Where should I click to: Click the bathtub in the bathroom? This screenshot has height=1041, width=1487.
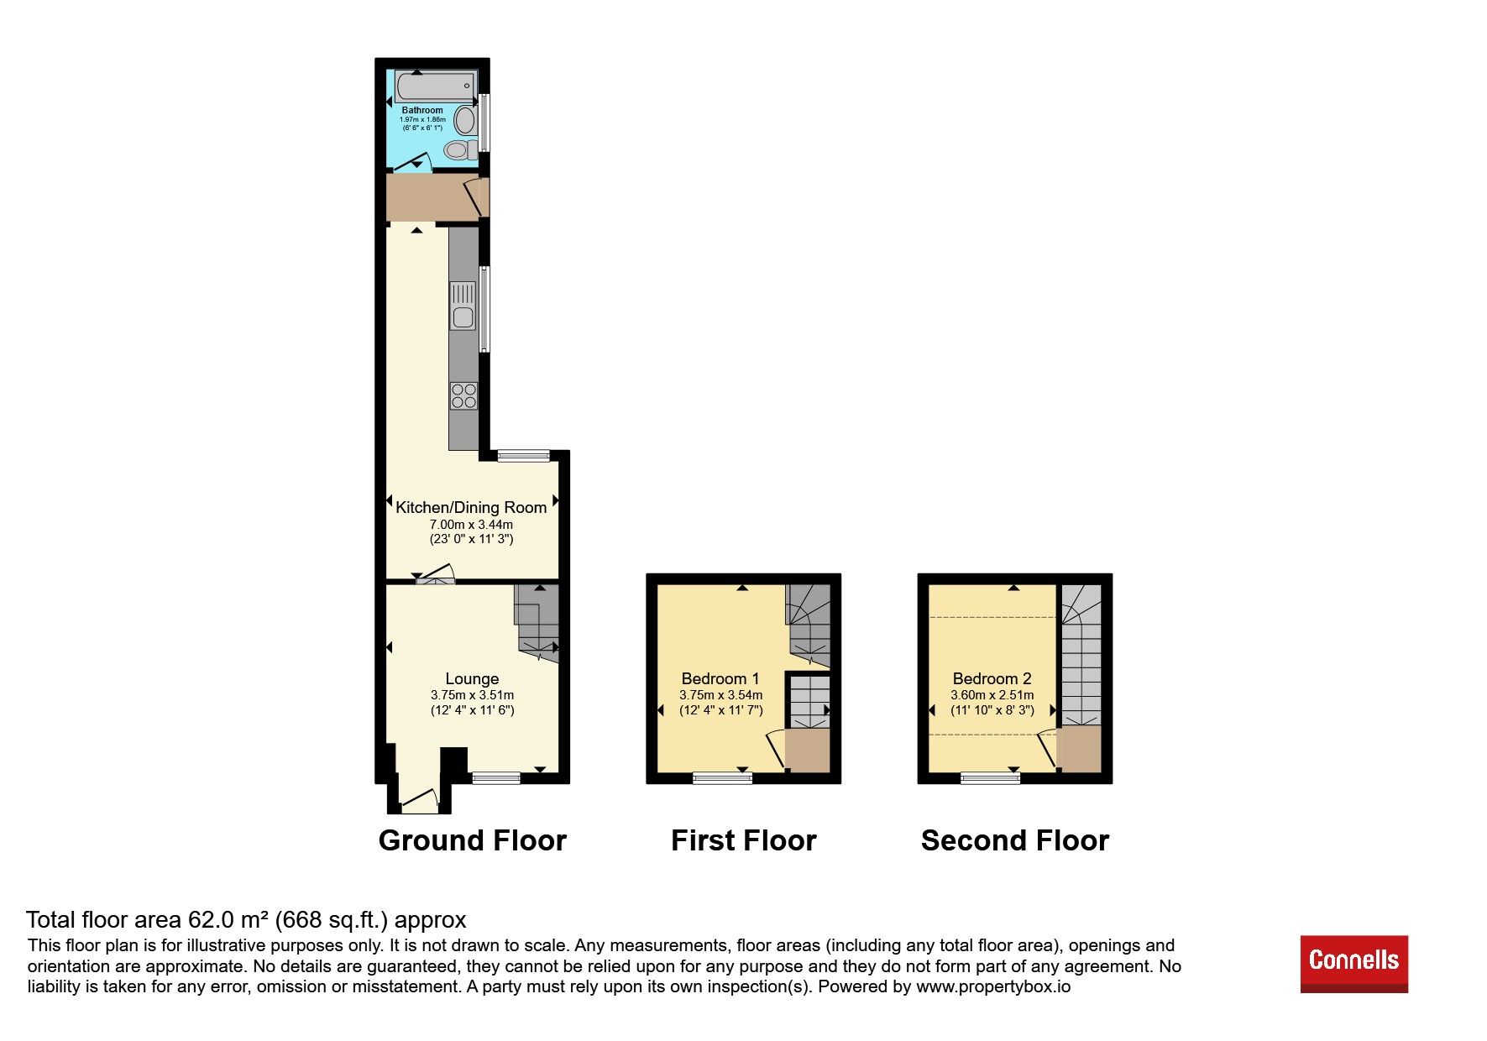pyautogui.click(x=435, y=86)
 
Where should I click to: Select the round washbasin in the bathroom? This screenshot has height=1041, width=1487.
pyautogui.click(x=464, y=121)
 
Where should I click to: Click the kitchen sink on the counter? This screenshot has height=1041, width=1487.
pyautogui.click(x=463, y=306)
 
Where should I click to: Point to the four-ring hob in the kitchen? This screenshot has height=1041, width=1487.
pyautogui.click(x=463, y=396)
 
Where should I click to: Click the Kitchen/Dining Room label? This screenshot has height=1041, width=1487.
pyautogui.click(x=471, y=507)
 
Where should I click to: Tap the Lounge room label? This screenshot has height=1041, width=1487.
pyautogui.click(x=472, y=678)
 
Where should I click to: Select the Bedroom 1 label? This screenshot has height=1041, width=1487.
pyautogui.click(x=720, y=678)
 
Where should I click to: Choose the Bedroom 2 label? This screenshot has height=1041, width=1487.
pyautogui.click(x=992, y=678)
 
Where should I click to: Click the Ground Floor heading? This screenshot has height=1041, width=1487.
pyautogui.click(x=473, y=840)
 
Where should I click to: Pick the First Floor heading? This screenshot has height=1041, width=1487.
pyautogui.click(x=744, y=840)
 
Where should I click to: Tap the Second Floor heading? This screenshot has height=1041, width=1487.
pyautogui.click(x=1015, y=840)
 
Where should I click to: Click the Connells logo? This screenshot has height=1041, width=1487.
pyautogui.click(x=1354, y=964)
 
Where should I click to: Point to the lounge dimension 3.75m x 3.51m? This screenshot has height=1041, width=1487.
pyautogui.click(x=472, y=695)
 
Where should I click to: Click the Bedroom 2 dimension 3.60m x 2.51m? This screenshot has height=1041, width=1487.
pyautogui.click(x=992, y=695)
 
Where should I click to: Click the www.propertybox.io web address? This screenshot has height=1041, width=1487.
pyautogui.click(x=993, y=986)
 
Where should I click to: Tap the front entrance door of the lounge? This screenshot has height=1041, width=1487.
pyautogui.click(x=419, y=801)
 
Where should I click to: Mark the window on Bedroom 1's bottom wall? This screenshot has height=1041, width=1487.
pyautogui.click(x=722, y=778)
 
